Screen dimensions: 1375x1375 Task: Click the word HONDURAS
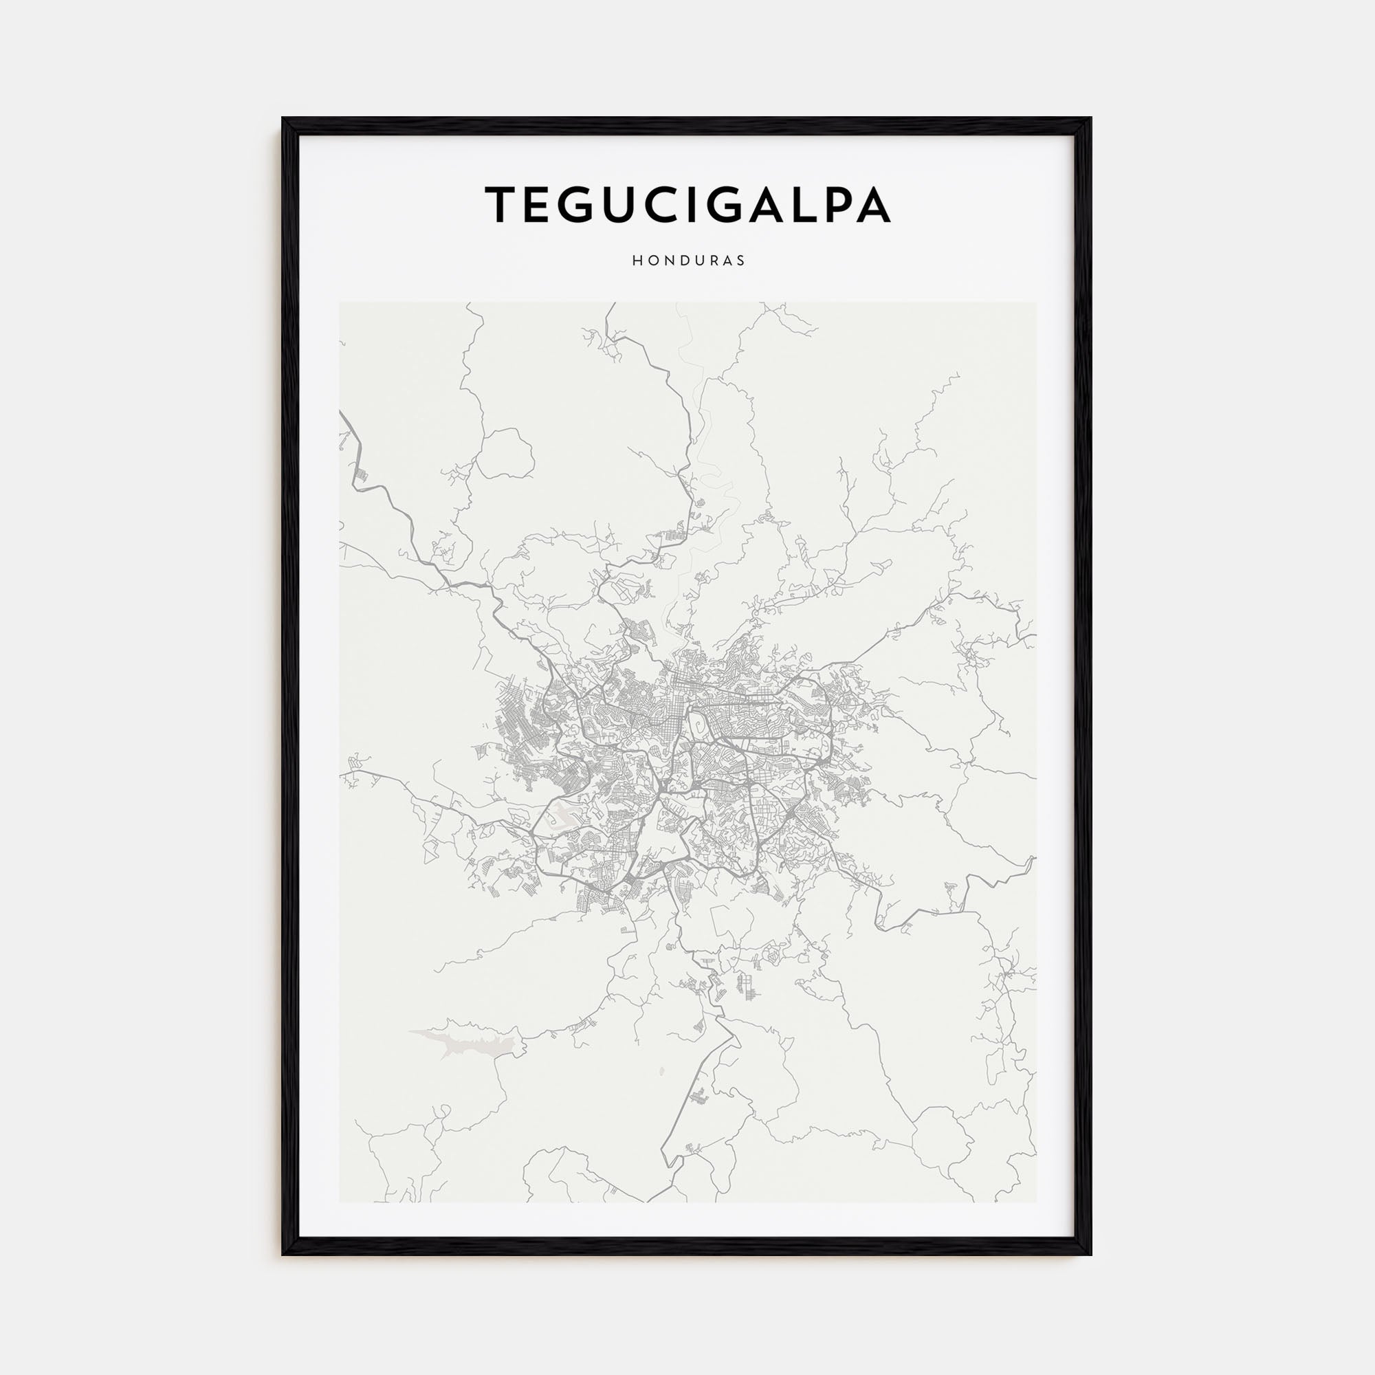point(688,261)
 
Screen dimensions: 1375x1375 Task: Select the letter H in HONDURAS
point(635,261)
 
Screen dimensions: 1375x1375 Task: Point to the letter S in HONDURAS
point(742,261)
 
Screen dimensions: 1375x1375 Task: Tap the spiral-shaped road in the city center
point(702,725)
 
